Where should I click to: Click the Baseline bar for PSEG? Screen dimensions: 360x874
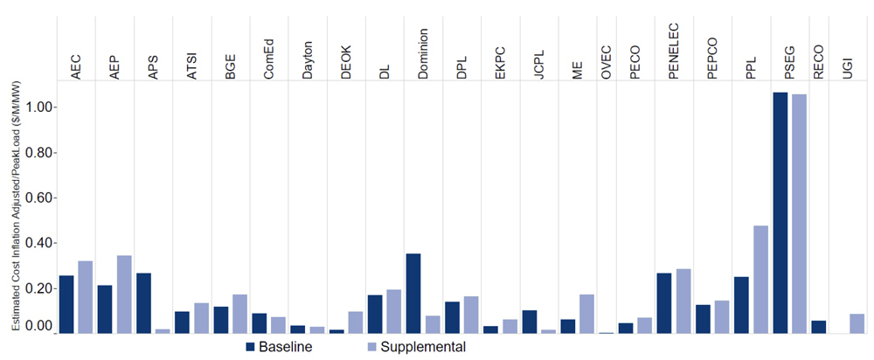[780, 213]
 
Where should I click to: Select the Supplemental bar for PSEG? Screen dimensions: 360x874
[799, 214]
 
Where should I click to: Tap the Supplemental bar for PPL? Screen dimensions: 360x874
[760, 280]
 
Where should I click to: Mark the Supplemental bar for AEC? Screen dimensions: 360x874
[85, 297]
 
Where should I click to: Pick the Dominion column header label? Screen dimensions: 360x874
[423, 53]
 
